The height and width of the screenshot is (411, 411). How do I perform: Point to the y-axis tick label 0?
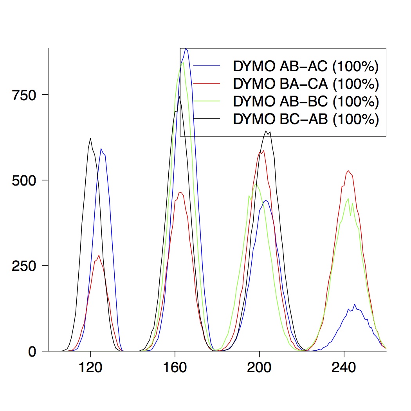click(34, 351)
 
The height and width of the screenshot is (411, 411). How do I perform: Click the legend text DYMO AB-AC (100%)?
click(306, 67)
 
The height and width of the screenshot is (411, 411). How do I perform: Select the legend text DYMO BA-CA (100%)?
click(306, 84)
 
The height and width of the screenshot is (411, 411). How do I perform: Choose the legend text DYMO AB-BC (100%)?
click(306, 101)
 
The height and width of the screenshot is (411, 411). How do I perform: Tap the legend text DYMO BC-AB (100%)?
click(306, 119)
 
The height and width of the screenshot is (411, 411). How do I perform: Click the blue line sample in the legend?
click(207, 66)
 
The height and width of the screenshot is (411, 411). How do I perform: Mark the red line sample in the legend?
click(207, 83)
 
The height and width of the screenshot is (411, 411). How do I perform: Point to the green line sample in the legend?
click(207, 101)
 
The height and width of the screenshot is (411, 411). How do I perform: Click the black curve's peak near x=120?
click(90, 138)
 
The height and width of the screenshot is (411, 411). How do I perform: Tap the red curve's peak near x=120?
click(99, 256)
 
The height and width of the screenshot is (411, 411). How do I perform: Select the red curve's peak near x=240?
click(348, 171)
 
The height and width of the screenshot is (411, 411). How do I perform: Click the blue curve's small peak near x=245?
click(355, 305)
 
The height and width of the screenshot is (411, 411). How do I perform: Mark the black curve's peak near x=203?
click(266, 131)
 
